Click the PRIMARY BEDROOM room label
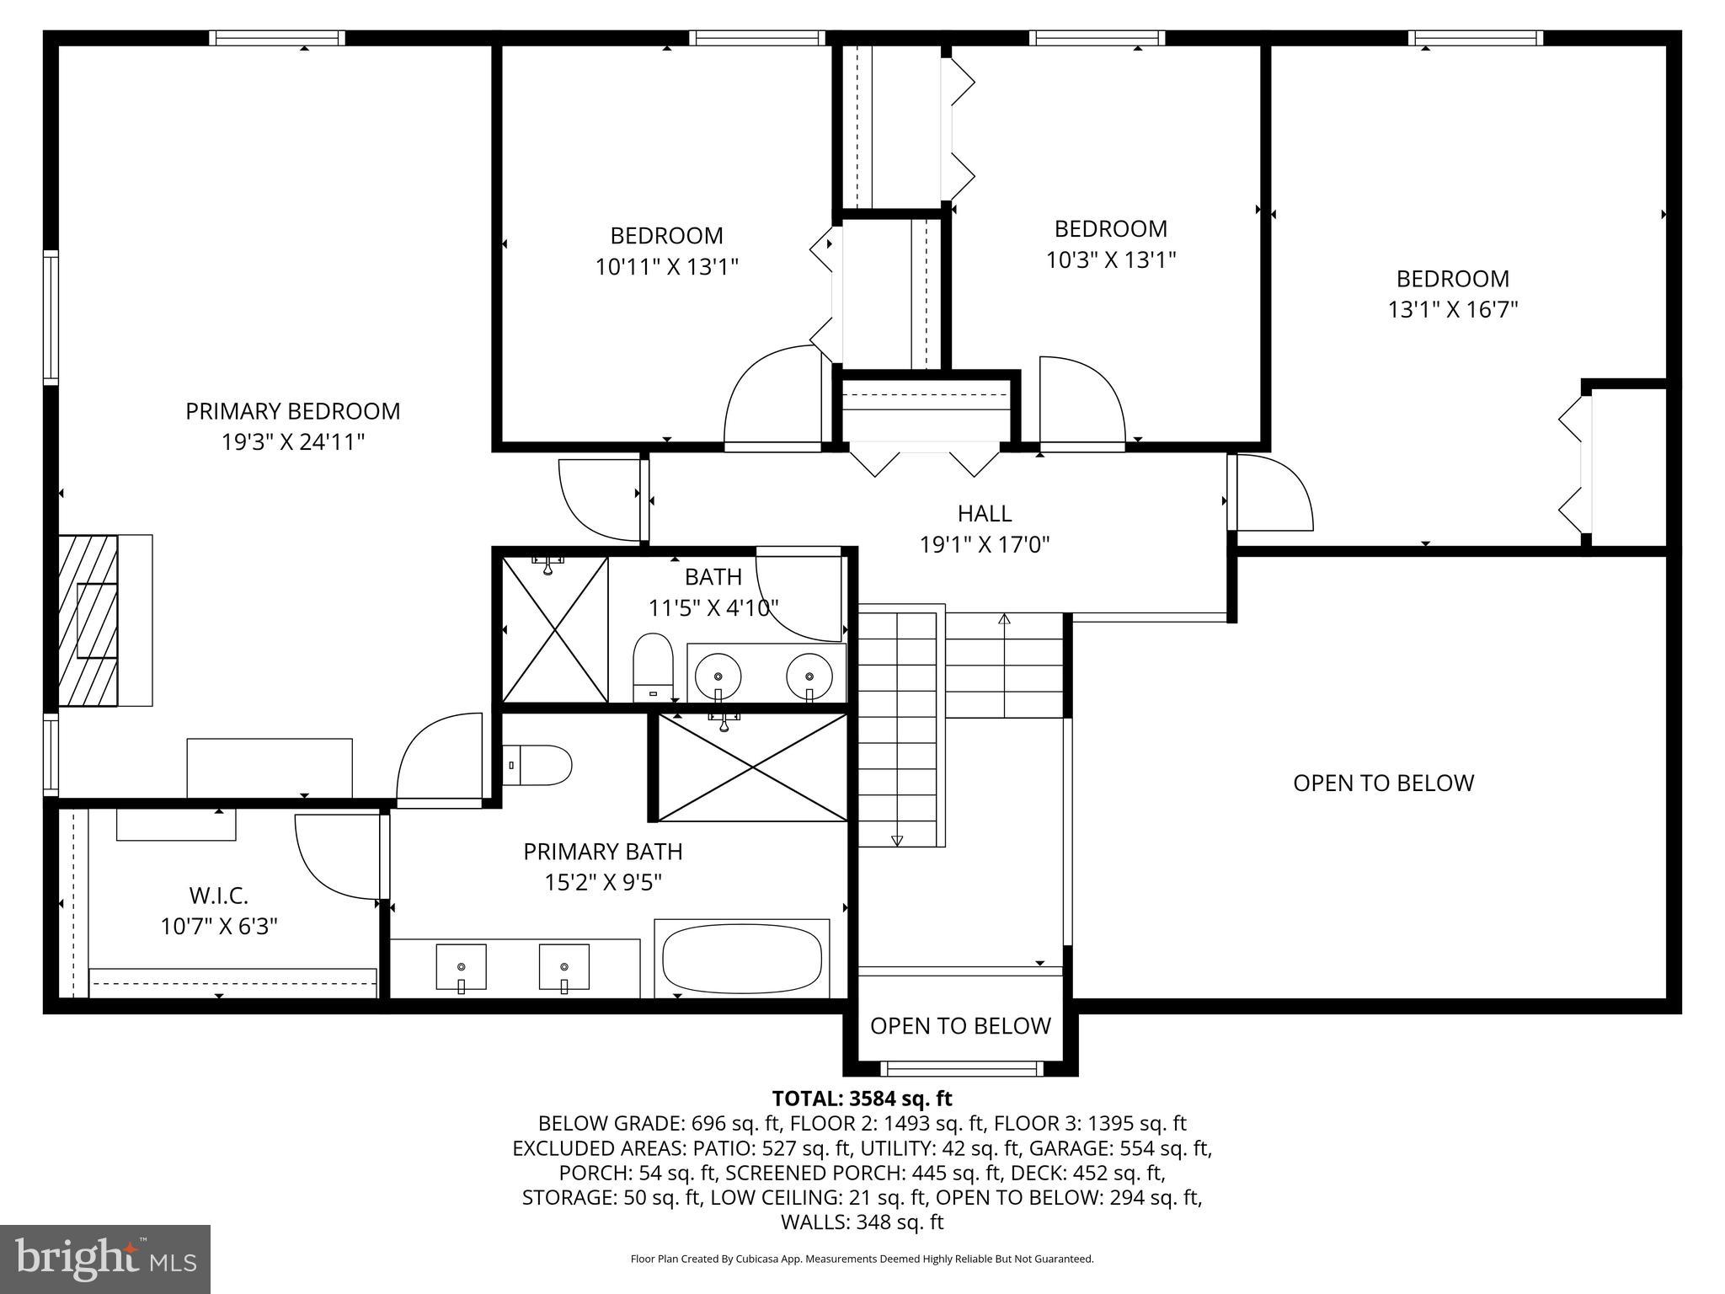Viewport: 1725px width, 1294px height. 292,411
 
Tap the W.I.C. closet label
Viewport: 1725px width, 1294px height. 218,895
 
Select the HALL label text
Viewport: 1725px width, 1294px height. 984,513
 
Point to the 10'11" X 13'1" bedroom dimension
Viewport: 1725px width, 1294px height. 666,267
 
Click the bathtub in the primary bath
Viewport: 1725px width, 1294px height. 741,960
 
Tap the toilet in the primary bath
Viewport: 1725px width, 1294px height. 537,765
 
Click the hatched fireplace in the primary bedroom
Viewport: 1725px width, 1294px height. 88,619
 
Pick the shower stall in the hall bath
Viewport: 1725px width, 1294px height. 554,628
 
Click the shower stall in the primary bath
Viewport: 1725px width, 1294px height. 751,767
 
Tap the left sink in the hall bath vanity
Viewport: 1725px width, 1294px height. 718,675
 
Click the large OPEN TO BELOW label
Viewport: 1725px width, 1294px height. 1383,783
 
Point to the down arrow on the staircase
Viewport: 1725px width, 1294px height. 896,839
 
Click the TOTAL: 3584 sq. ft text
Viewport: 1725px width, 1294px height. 862,1099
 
